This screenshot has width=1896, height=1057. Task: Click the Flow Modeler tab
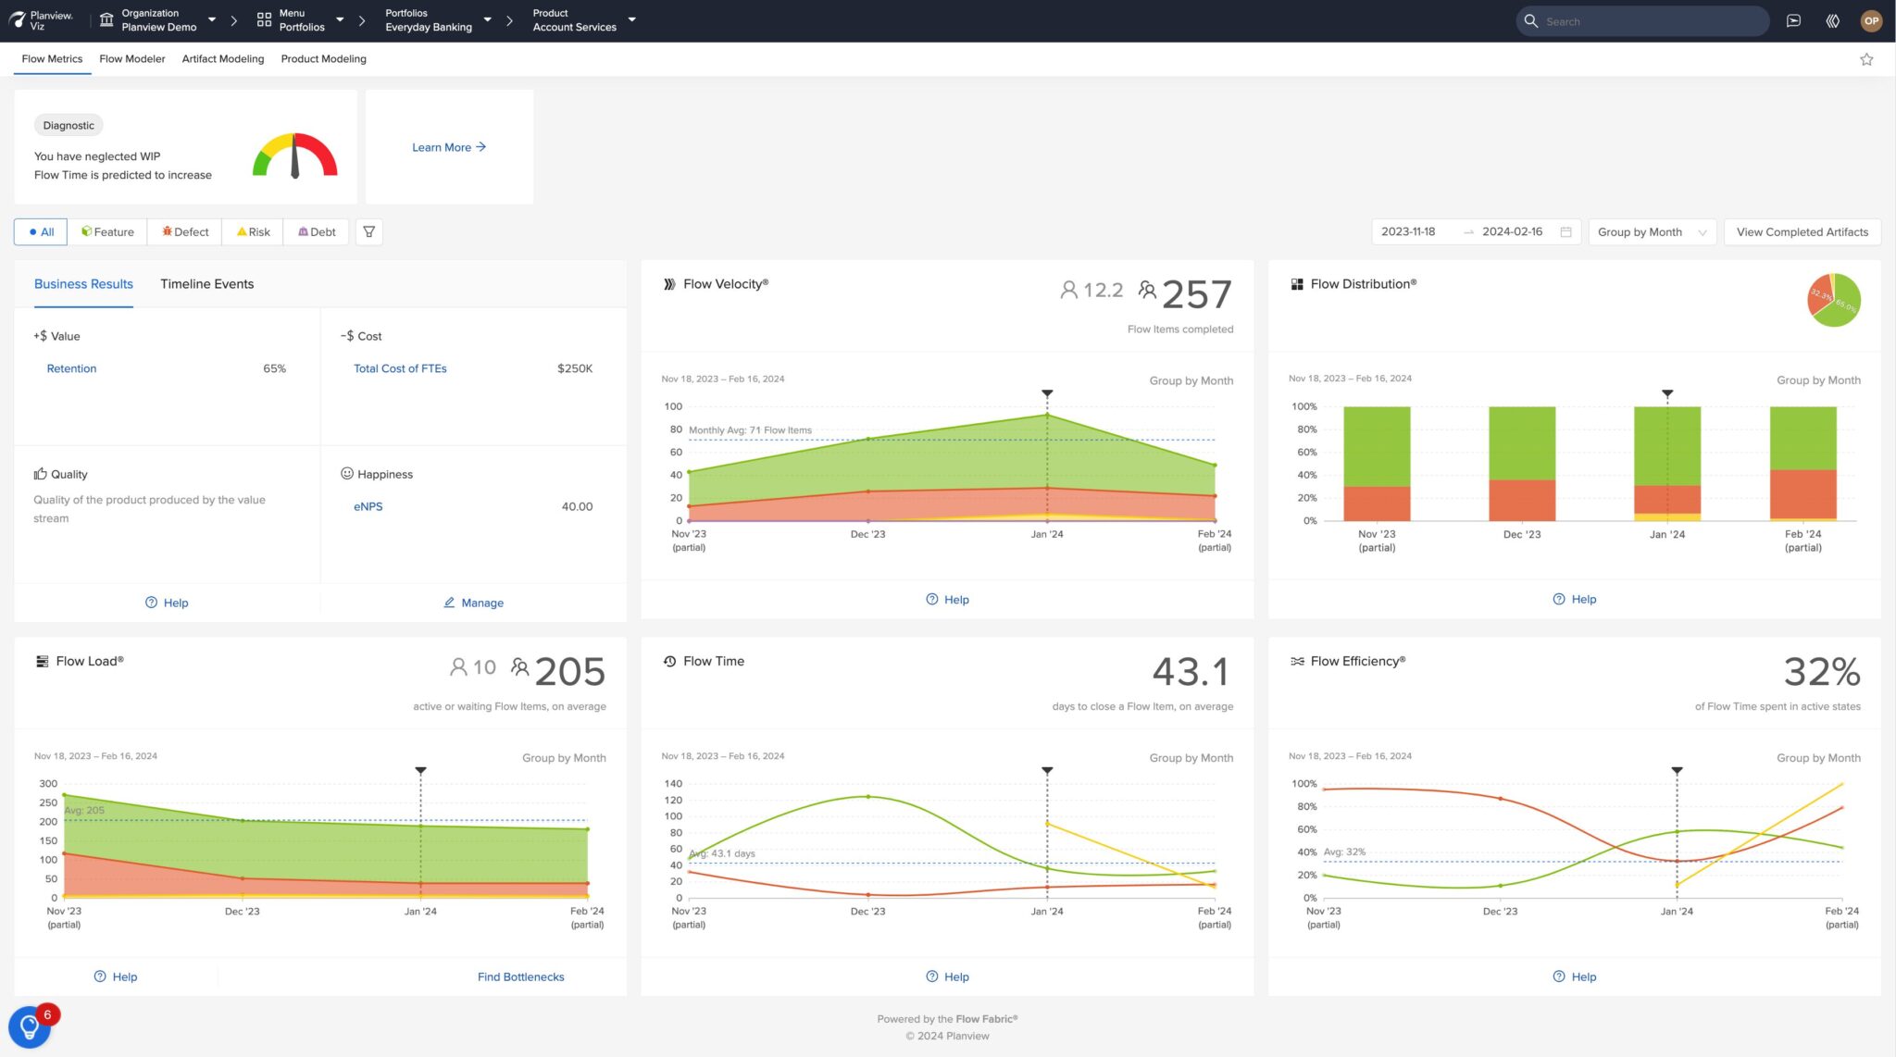coord(131,58)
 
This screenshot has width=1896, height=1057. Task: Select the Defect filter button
coord(185,231)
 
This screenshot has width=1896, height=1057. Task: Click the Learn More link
coord(449,147)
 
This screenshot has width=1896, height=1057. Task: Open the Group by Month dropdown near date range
coord(1651,231)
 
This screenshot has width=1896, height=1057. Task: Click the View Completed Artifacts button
coord(1802,231)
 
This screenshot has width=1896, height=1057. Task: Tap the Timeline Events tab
coord(206,284)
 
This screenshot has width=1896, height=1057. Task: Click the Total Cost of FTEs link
coord(400,368)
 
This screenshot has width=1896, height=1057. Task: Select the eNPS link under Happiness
coord(368,506)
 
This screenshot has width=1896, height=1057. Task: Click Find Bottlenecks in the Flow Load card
coord(520,976)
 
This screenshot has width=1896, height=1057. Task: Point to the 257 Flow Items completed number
coord(1196,295)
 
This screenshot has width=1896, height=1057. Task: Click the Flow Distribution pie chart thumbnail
coord(1833,300)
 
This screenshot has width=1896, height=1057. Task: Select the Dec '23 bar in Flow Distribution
coord(1521,463)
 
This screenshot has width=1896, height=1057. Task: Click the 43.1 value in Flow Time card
coord(1191,672)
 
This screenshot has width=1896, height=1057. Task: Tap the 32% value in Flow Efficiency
coord(1821,672)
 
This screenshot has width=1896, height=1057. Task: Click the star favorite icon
coord(1866,59)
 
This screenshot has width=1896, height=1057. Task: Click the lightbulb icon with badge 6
coord(29,1026)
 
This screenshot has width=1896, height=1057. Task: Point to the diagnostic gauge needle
coord(294,157)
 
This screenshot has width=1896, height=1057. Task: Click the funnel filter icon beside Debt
coord(368,231)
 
